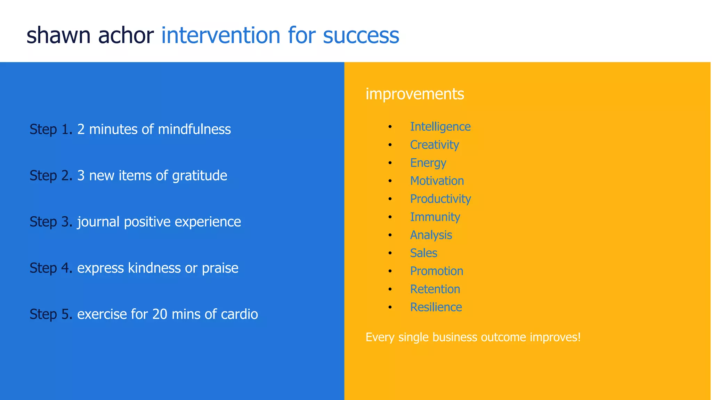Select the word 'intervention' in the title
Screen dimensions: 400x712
(x=220, y=36)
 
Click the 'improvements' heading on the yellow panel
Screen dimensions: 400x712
(x=414, y=94)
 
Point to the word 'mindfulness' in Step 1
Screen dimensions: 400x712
(x=194, y=130)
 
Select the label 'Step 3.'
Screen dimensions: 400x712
(x=51, y=222)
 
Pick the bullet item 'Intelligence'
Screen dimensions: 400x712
(x=440, y=127)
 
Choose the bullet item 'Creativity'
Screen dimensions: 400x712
(x=434, y=145)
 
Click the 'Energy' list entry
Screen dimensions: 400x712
(x=428, y=163)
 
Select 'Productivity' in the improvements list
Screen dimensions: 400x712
(x=440, y=199)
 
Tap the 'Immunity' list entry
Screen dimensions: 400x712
(x=435, y=217)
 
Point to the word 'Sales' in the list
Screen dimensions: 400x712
(x=423, y=253)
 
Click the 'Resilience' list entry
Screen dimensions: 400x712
(x=436, y=307)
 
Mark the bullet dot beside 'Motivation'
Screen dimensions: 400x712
(x=390, y=181)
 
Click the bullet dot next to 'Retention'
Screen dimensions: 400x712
(x=390, y=289)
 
